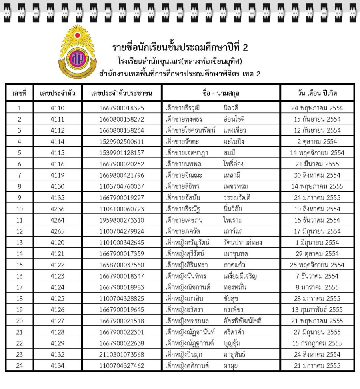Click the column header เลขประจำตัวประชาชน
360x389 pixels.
click(x=122, y=93)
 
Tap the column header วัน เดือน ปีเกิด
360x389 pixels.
click(x=317, y=93)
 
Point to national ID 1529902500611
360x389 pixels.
click(x=122, y=142)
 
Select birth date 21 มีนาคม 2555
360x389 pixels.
click(x=317, y=164)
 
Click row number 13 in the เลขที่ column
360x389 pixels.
click(x=20, y=243)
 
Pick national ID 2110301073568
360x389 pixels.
click(x=122, y=355)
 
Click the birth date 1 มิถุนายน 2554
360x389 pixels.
click(x=317, y=243)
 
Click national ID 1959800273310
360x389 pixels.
click(x=122, y=220)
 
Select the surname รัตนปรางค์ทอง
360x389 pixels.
click(x=242, y=243)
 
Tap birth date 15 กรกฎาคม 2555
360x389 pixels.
click(x=317, y=343)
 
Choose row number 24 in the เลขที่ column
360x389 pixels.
click(x=20, y=366)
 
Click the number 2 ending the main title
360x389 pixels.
click(x=245, y=48)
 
